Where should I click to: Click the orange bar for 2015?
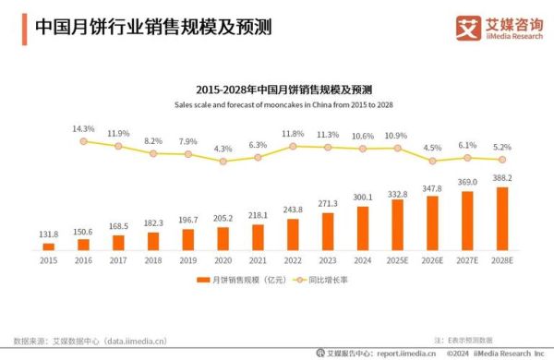point(49,246)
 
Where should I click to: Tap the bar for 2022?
point(294,234)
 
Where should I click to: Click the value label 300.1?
point(363,197)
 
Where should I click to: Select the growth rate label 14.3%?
point(84,128)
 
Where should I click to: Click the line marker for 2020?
point(223,161)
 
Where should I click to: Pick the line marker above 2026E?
point(432,160)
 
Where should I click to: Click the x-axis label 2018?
point(153,259)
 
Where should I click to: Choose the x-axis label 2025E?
point(398,259)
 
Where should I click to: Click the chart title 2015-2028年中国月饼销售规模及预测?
point(276,90)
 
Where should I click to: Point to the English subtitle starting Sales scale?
point(276,105)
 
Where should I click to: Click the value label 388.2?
point(502,178)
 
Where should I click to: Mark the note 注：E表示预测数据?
point(470,340)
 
